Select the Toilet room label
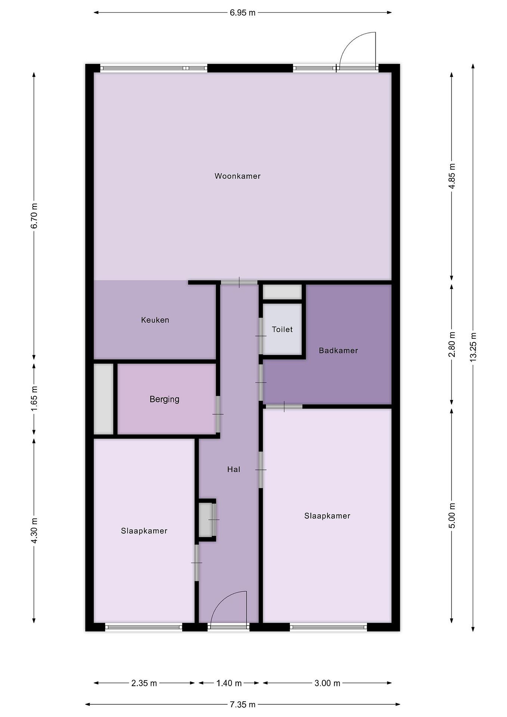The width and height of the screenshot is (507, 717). coord(282,329)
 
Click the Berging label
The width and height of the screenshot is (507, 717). coord(165,399)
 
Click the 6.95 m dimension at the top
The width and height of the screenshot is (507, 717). coord(243,13)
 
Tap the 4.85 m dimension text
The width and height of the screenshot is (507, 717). coord(452,176)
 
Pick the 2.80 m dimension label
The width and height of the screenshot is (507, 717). coord(452,345)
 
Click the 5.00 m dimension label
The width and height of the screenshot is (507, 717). coord(452,516)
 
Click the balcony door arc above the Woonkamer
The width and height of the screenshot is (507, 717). coord(349,41)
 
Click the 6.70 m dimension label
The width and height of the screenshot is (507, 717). coord(34,216)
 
